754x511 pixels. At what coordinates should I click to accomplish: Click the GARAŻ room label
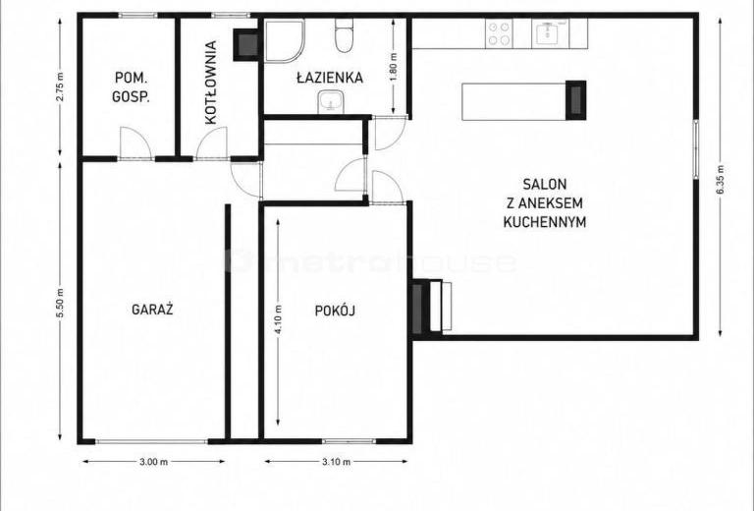tap(152, 309)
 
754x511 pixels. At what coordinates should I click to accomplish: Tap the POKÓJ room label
tap(335, 311)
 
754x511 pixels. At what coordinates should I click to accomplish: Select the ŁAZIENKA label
tap(330, 78)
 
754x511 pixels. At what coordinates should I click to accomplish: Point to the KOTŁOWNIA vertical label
tap(211, 83)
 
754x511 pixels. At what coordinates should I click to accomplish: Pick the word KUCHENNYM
tap(544, 222)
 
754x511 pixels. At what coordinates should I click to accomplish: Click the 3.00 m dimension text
tap(153, 462)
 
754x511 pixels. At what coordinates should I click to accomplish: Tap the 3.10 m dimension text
tap(336, 462)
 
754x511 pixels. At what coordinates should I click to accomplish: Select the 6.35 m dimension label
tap(720, 179)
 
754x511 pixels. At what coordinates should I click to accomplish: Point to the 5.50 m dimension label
tap(60, 303)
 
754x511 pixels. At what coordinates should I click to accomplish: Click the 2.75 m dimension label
tap(60, 86)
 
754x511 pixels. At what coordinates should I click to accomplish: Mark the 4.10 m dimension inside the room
tap(279, 319)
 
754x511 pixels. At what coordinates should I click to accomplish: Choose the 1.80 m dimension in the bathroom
tap(394, 67)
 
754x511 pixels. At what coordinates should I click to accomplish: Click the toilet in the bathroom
tap(344, 36)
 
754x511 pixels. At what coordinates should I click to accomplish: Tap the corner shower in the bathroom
tap(284, 41)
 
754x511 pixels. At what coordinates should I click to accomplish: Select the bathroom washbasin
tap(330, 101)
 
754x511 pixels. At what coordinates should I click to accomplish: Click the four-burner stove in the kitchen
tap(499, 33)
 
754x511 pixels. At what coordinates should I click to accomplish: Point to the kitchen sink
tap(550, 33)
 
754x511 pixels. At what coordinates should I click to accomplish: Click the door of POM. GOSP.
tap(135, 143)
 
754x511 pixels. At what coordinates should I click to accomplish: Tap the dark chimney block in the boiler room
tap(247, 45)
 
